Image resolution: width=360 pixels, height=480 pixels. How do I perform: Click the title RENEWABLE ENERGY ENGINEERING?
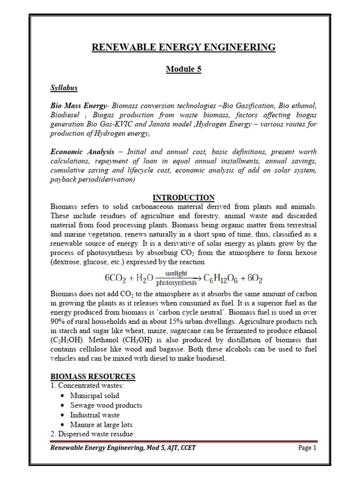pyautogui.click(x=183, y=47)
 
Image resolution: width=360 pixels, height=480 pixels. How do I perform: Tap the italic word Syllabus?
pyautogui.click(x=64, y=88)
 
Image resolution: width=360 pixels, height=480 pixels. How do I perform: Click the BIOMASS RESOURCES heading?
pyautogui.click(x=92, y=376)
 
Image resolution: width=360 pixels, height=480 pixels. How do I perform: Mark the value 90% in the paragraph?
pyautogui.click(x=58, y=322)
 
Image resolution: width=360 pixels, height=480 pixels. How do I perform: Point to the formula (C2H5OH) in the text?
pyautogui.click(x=67, y=339)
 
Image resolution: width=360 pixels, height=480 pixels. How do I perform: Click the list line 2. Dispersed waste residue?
pyautogui.click(x=92, y=434)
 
